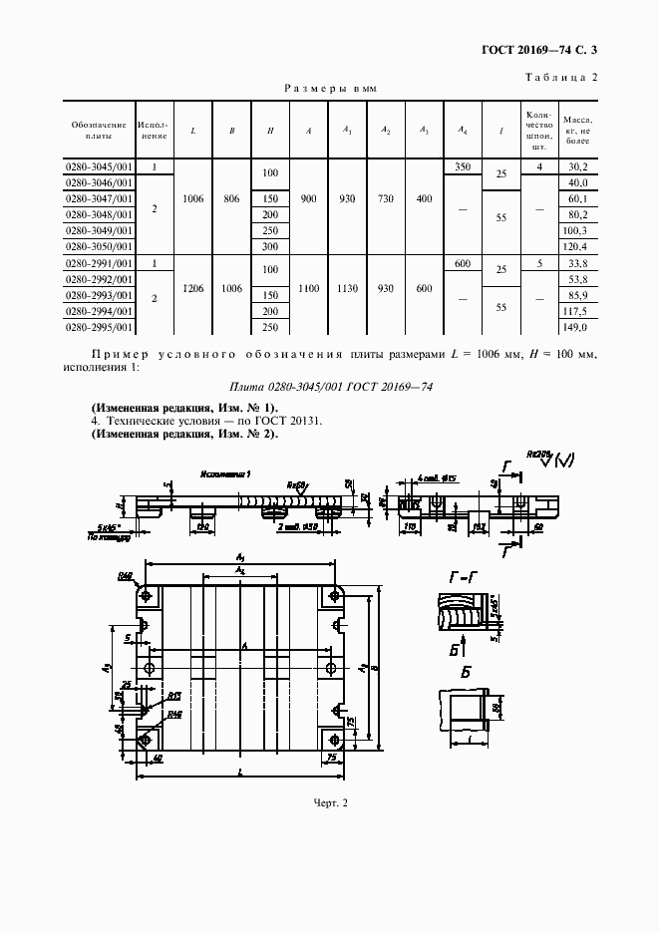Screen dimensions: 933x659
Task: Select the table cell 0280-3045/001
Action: (x=99, y=166)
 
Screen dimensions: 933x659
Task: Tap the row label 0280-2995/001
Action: (x=99, y=327)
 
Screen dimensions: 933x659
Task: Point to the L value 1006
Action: (x=193, y=199)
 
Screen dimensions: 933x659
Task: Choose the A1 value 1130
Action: (x=347, y=288)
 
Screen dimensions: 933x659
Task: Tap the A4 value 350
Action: (x=462, y=166)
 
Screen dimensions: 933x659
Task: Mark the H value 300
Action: (x=269, y=246)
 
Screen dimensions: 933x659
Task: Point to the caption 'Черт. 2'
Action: (x=329, y=802)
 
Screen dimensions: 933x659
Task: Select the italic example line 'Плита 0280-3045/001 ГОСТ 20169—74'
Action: (x=330, y=387)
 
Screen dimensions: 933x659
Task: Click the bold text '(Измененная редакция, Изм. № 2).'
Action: (x=184, y=434)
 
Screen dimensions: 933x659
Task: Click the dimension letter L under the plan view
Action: (x=242, y=773)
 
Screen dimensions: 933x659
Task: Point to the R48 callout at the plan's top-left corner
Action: (x=127, y=576)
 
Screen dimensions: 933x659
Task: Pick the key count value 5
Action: (x=539, y=263)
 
